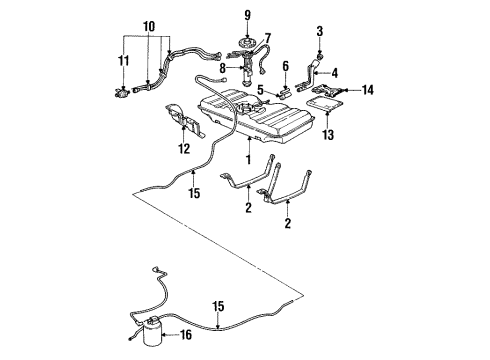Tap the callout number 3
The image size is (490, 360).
point(320,32)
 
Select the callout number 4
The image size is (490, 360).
point(335,72)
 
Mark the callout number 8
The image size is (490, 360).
point(223,68)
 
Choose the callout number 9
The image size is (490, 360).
point(247,15)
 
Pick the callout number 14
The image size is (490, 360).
point(368,90)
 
